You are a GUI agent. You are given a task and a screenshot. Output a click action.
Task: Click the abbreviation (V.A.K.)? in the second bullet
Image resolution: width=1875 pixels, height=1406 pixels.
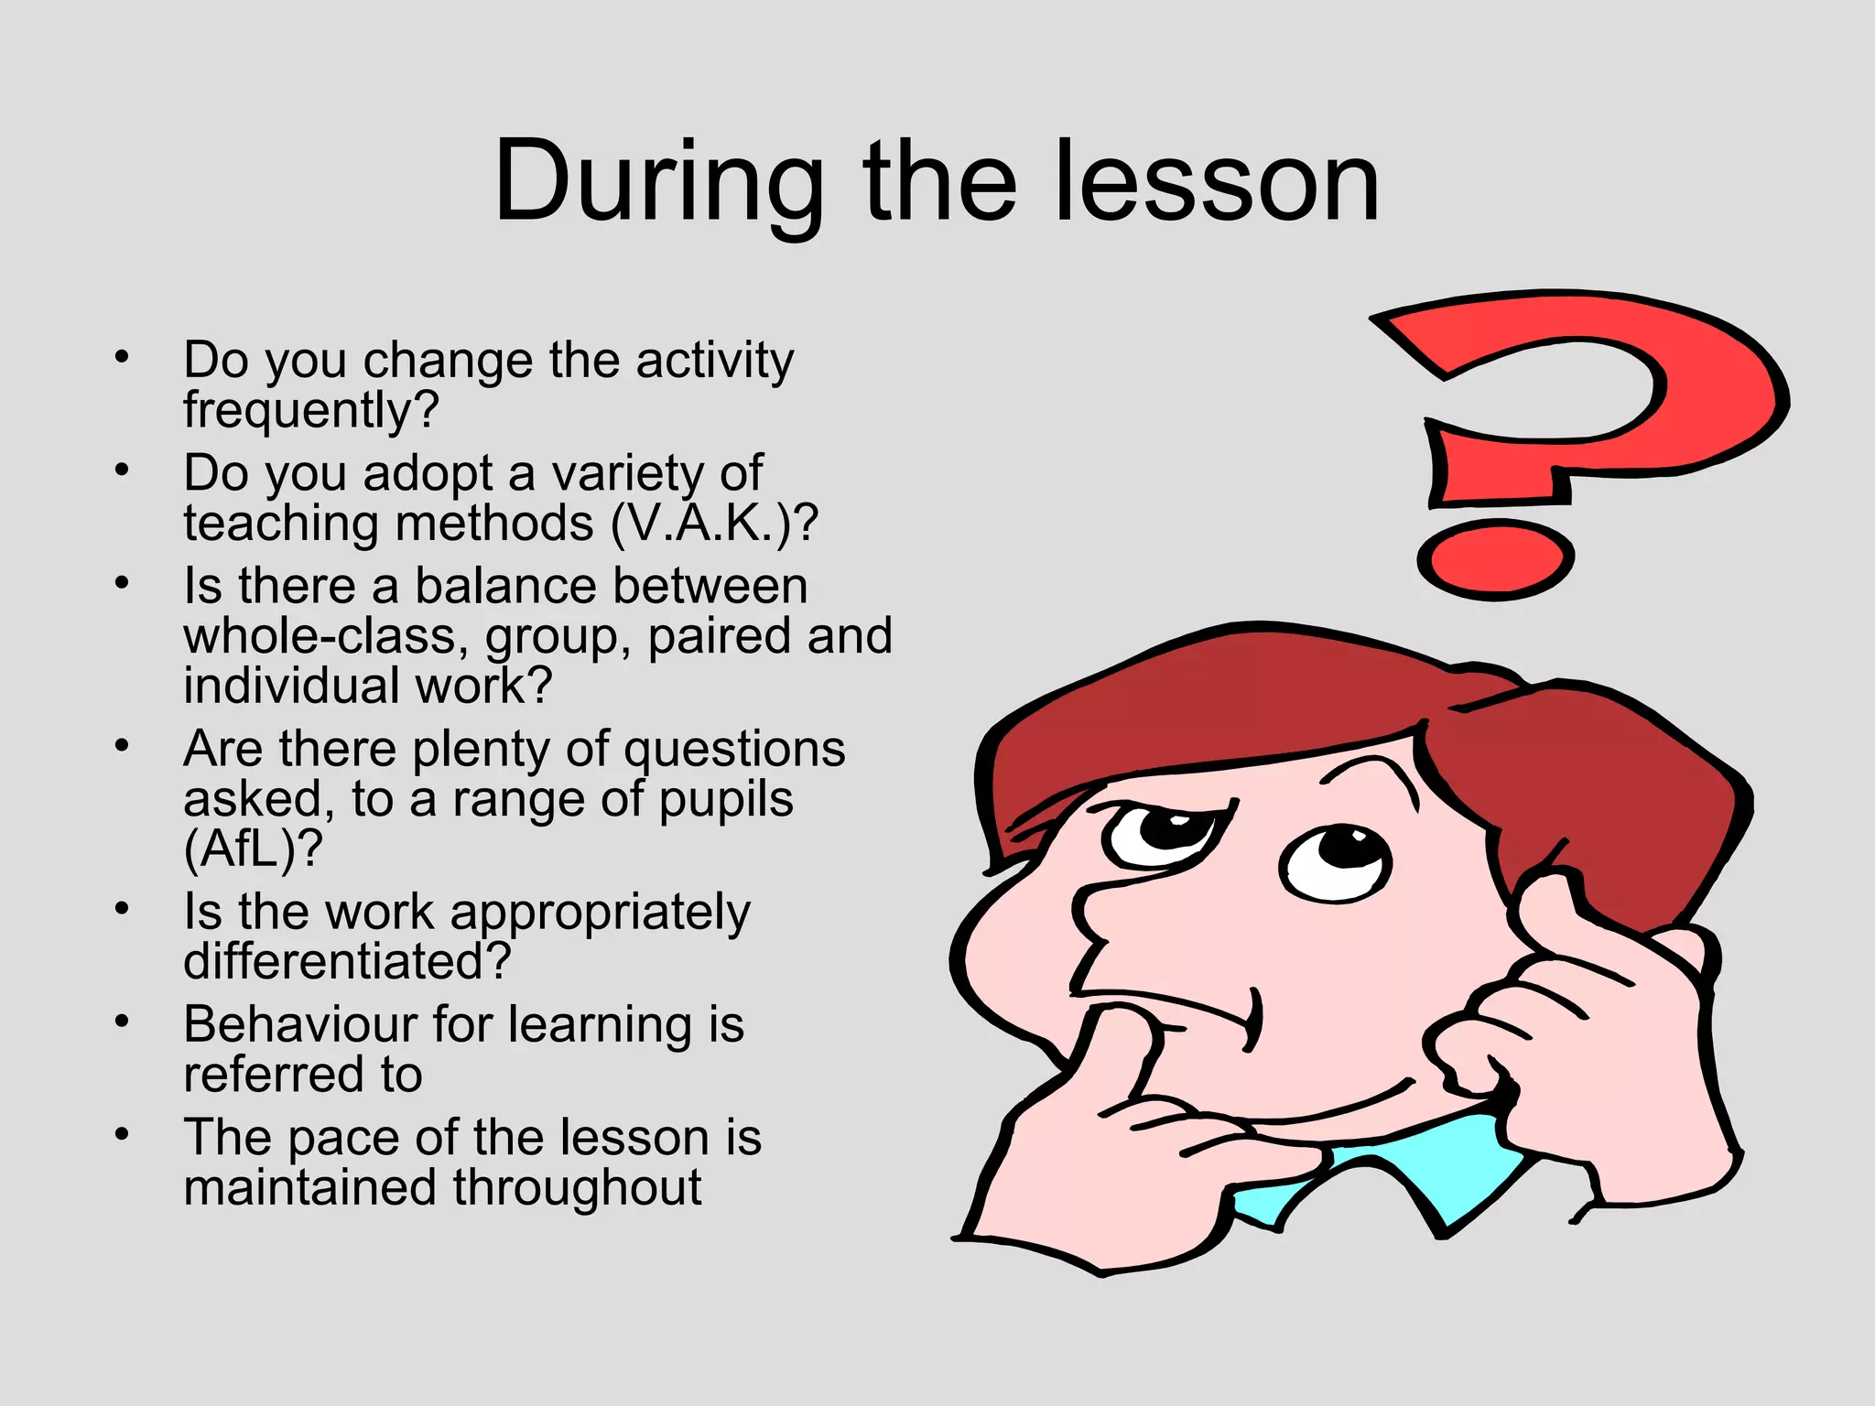tap(714, 524)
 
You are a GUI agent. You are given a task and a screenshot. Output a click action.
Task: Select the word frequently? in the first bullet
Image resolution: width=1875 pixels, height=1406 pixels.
tap(311, 410)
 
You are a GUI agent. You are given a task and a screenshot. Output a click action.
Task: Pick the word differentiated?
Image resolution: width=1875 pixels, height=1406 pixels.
tap(347, 961)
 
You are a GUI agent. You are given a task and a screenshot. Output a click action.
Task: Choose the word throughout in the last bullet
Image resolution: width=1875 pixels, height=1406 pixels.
tap(577, 1187)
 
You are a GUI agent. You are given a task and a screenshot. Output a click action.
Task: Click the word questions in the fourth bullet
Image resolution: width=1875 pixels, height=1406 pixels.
tap(734, 750)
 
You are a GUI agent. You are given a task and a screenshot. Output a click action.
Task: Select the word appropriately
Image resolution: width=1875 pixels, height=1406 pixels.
tap(600, 914)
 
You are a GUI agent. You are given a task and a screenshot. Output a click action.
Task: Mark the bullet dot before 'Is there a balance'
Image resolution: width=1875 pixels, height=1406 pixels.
tap(122, 583)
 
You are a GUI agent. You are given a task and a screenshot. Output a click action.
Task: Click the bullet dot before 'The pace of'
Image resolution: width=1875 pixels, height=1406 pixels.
tap(122, 1135)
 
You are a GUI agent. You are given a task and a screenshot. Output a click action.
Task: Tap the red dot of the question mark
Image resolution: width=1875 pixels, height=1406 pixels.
tap(1494, 560)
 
